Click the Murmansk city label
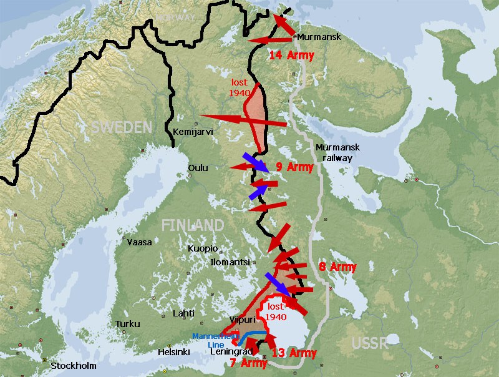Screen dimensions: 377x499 (319, 37)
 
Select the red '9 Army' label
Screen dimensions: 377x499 (294, 167)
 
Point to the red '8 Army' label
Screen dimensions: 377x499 (337, 267)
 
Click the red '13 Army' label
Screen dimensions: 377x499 (294, 353)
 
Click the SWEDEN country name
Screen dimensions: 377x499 (122, 127)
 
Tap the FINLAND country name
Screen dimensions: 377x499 (193, 225)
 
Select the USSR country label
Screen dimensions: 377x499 (369, 343)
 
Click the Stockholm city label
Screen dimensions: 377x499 (73, 366)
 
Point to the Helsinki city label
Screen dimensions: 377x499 (173, 352)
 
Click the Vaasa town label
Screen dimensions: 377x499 (140, 242)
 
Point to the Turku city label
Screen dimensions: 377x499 (127, 325)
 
